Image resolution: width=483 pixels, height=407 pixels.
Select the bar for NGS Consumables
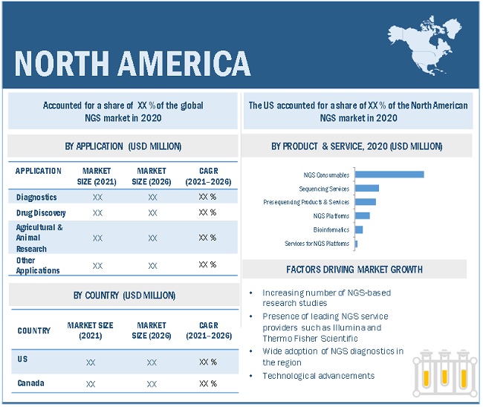(389, 175)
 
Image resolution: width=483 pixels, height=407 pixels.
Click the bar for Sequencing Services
(367, 189)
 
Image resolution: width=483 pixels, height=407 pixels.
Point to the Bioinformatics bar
(359, 229)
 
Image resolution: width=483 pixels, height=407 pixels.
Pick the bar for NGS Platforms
(363, 215)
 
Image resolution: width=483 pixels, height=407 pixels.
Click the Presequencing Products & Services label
(305, 202)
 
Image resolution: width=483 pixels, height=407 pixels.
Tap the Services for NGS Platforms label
(317, 244)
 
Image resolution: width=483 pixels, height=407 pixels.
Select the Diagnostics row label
(36, 198)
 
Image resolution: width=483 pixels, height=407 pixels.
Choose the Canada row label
(30, 383)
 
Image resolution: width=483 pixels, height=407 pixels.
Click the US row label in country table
(22, 360)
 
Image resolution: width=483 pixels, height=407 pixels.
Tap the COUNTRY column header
(33, 331)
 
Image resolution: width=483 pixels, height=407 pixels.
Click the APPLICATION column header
(39, 171)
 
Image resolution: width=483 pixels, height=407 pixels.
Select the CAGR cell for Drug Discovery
(207, 212)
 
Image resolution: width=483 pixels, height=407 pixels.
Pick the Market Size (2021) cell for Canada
(90, 384)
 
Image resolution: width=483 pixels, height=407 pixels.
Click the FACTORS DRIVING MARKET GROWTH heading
(354, 269)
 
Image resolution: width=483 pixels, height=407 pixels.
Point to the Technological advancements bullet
(318, 376)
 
